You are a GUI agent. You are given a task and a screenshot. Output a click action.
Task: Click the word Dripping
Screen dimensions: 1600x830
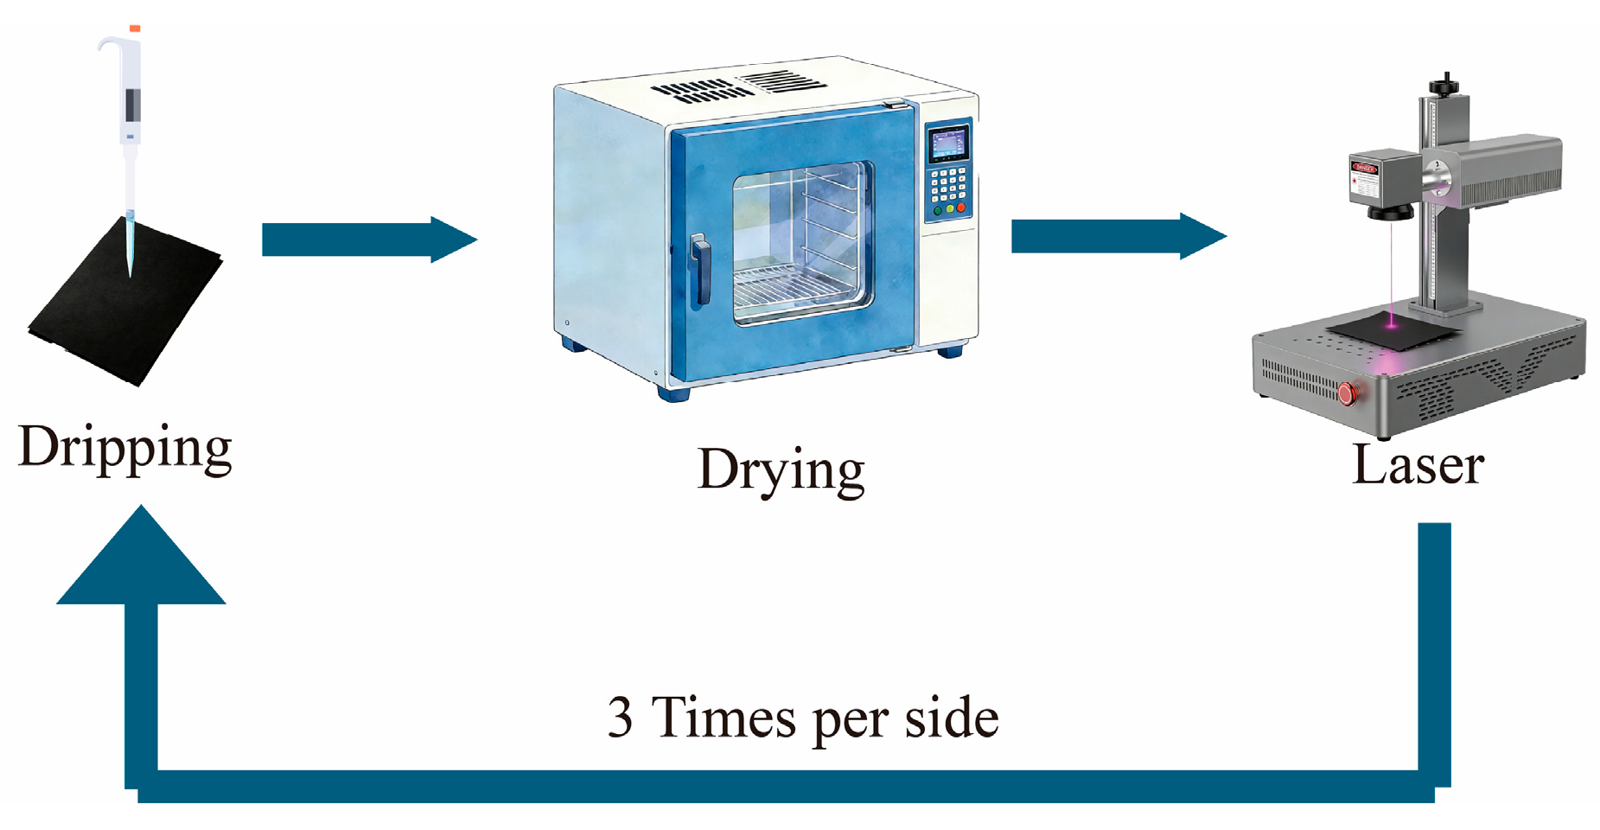[125, 449]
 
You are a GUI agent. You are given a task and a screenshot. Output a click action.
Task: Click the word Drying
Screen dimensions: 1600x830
[781, 471]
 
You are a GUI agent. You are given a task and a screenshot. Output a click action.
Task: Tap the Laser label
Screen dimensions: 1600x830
[1418, 465]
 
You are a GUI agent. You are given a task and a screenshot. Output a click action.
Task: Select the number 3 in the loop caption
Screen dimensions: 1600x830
[620, 717]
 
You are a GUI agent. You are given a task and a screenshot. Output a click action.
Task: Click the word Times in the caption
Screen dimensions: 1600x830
[723, 717]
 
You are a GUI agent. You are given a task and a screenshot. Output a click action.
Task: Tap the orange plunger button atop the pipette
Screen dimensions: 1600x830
[135, 29]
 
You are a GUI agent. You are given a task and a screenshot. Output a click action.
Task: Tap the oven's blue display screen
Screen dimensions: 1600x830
[947, 144]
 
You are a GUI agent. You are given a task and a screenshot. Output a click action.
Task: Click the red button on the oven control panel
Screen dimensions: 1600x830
[960, 207]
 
